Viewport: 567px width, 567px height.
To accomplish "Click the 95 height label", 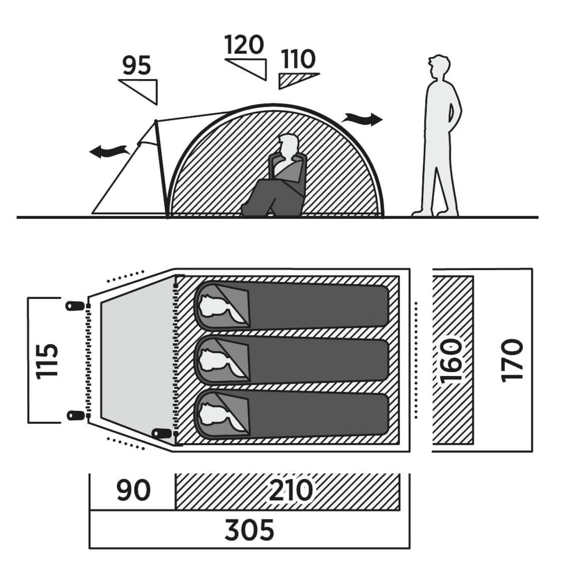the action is pos(137,65).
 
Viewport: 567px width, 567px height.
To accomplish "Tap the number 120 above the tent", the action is pos(244,45).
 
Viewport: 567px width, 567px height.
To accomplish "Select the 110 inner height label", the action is pos(298,59).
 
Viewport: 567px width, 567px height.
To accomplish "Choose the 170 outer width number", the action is pos(512,361).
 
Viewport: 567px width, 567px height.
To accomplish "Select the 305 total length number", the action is pos(249,530).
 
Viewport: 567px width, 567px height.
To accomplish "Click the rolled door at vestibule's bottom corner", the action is pos(162,433).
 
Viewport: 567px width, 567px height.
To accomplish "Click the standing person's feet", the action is pos(435,213).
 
